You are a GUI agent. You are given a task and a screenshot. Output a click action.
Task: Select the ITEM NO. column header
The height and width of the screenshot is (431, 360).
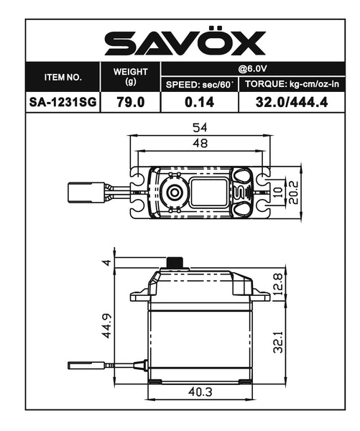63,76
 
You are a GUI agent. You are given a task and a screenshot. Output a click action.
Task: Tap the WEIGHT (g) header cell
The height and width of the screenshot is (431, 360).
130,76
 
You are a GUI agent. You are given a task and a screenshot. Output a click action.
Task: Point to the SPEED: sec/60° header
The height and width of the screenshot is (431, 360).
200,85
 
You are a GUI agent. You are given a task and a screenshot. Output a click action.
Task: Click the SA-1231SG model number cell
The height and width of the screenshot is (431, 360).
63,103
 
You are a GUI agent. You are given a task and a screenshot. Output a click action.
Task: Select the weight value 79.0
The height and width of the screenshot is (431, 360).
130,103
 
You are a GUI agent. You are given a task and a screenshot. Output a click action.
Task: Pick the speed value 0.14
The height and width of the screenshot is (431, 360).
200,103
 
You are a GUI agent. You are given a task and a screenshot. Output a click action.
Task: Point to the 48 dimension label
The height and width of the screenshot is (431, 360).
199,144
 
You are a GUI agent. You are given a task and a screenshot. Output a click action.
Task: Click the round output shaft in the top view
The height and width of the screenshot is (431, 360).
172,190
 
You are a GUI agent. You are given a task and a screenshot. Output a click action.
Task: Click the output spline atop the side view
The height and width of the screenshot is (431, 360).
172,262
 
